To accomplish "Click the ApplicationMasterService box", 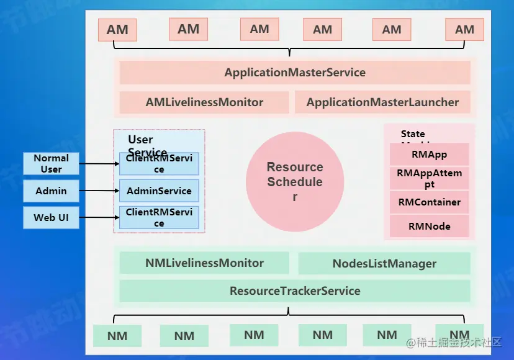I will click(295, 73).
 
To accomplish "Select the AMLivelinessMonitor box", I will click(204, 102).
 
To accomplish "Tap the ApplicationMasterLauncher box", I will click(382, 102).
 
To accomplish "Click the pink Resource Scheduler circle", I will click(295, 181).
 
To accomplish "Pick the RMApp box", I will click(429, 155).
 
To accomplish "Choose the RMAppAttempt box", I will click(429, 179).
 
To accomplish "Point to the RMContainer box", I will click(429, 202).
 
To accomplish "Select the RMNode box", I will click(429, 227).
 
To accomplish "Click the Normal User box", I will click(51, 163).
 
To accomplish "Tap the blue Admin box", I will click(51, 191).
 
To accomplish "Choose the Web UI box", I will click(51, 218).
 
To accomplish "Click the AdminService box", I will click(159, 191).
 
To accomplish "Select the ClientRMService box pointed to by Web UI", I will click(159, 218).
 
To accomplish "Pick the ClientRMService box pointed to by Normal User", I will click(159, 164).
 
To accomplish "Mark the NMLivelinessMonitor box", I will click(204, 263).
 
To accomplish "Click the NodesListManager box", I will click(384, 264).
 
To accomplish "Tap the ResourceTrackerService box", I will click(295, 291).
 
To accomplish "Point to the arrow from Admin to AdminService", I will click(99, 191).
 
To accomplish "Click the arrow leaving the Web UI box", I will click(99, 218).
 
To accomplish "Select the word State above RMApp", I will click(413, 134).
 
